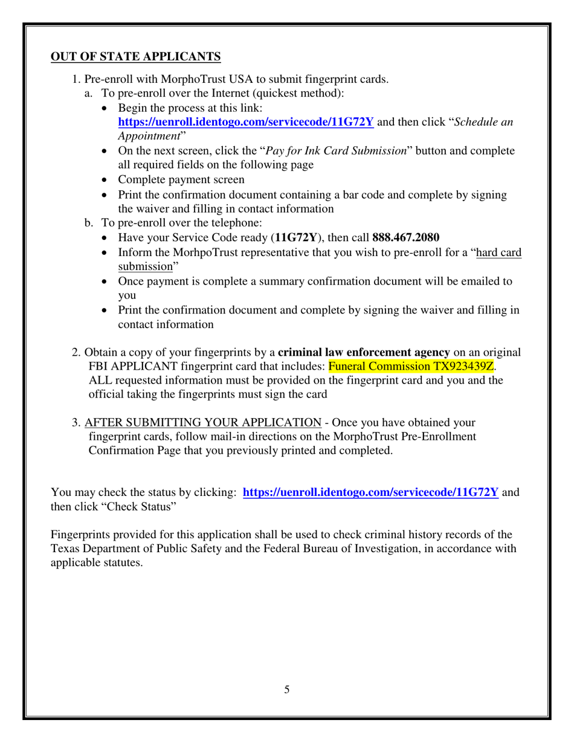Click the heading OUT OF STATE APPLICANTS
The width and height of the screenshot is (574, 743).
[136, 57]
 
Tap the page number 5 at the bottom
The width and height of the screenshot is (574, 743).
[286, 689]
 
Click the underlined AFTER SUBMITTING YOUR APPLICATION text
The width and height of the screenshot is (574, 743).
[203, 422]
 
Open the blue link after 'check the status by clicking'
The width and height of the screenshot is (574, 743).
[370, 492]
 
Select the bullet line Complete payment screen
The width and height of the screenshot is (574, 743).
[181, 179]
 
